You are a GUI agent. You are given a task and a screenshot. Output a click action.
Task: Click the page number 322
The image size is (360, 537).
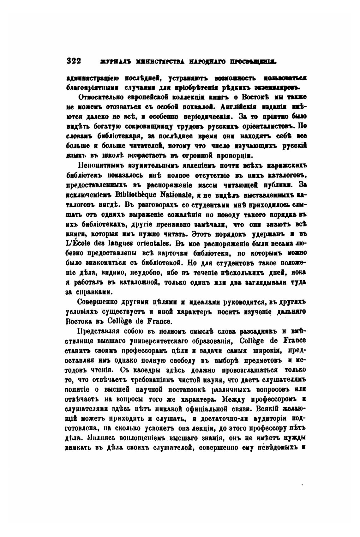click(x=74, y=61)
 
